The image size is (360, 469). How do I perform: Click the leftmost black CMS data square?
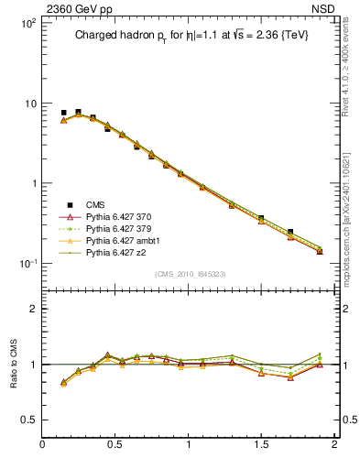point(63,113)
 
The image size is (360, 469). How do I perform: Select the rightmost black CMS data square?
point(320,249)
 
